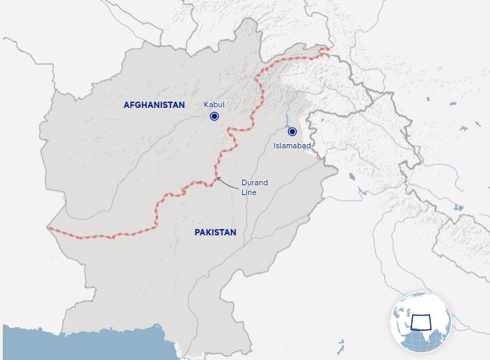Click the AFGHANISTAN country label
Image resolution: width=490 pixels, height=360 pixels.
(x=154, y=105)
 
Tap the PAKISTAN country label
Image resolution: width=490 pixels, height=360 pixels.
(x=215, y=233)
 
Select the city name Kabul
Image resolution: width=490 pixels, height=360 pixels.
(x=214, y=104)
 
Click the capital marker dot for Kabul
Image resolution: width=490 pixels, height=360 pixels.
(x=215, y=117)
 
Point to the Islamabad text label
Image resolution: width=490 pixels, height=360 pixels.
(x=292, y=146)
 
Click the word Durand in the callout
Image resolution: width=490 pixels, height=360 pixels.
(x=254, y=182)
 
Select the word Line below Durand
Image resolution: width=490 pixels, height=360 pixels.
(x=248, y=192)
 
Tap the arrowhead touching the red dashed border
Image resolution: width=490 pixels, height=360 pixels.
(x=218, y=178)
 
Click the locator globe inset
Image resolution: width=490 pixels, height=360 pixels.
(x=420, y=322)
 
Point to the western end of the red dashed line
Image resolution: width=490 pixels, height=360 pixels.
(x=49, y=228)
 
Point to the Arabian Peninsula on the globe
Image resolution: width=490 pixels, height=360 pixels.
(x=404, y=331)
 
